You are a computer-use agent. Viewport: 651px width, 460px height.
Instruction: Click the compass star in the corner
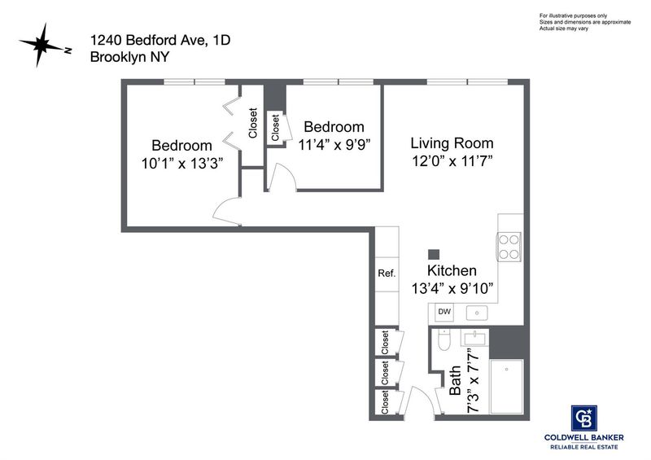point(42,45)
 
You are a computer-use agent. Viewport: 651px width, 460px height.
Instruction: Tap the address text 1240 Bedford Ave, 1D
point(160,40)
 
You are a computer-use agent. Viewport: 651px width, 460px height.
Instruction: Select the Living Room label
point(452,143)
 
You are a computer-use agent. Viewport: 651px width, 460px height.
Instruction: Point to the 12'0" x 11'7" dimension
point(452,161)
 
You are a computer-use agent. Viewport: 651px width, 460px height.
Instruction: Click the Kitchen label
point(452,270)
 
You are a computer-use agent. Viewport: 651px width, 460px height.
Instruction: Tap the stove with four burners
point(509,247)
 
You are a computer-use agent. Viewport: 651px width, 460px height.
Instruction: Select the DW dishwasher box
point(444,312)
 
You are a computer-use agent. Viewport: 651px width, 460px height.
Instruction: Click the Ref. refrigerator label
point(387,274)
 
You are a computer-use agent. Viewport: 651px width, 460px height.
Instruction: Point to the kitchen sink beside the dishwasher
point(477,313)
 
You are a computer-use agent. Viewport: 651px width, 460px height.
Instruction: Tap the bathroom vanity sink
point(474,338)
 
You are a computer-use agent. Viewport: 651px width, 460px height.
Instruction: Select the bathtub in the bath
point(506,387)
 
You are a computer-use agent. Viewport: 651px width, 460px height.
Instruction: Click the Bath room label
point(455,381)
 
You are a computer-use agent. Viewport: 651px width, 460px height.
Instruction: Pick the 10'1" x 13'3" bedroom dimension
point(182,164)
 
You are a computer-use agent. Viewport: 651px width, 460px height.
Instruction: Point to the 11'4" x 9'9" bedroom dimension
point(334,145)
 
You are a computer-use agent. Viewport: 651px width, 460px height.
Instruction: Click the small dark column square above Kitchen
point(434,254)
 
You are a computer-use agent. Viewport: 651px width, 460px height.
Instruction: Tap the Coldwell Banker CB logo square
point(583,418)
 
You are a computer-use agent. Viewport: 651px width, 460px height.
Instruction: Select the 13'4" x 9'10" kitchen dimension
point(452,288)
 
